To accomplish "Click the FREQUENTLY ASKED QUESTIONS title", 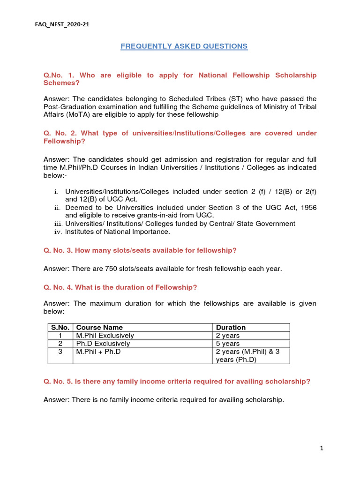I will (184, 46).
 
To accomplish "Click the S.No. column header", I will (60, 328).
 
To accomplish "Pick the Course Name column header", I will (99, 328).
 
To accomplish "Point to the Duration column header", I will (231, 328).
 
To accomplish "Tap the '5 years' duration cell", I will (228, 344).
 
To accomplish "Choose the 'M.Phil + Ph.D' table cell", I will (98, 352).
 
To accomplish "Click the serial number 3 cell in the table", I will (60, 352).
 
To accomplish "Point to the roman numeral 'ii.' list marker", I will (57, 208).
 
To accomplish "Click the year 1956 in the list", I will (307, 208).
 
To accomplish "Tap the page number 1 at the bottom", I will (322, 449).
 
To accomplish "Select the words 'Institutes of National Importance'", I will (117, 232).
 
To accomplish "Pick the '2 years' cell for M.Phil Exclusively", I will (228, 336).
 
